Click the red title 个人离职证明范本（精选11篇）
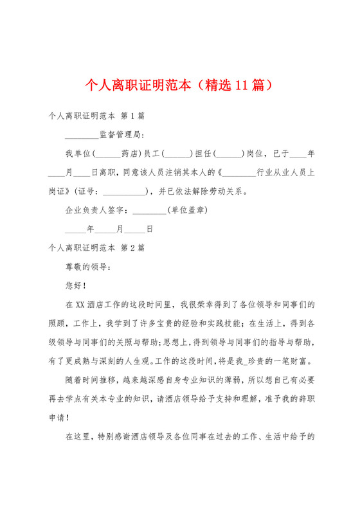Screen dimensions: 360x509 [x=180, y=85]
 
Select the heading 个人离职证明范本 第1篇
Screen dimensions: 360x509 [x=96, y=116]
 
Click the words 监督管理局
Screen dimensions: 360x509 [x=122, y=135]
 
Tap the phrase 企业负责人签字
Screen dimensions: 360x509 [x=96, y=210]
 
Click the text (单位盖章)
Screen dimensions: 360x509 [x=186, y=210]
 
